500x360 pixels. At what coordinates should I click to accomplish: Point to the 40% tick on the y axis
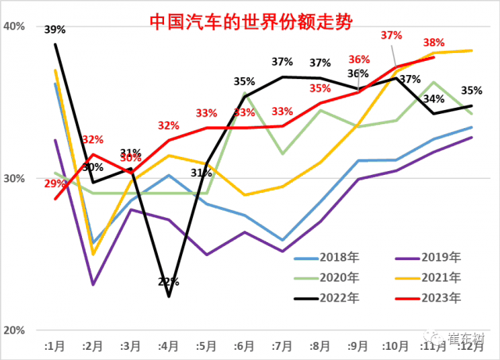[15, 26]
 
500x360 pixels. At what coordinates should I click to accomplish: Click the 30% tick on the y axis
[15, 178]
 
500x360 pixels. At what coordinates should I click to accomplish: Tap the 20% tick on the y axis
[15, 330]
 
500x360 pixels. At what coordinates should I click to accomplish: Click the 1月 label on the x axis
[55, 345]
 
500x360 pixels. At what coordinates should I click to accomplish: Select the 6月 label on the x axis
[244, 345]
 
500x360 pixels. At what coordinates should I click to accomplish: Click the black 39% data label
[55, 30]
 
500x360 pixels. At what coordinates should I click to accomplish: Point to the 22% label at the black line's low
[170, 281]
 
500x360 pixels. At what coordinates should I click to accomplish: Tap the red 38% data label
[434, 42]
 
